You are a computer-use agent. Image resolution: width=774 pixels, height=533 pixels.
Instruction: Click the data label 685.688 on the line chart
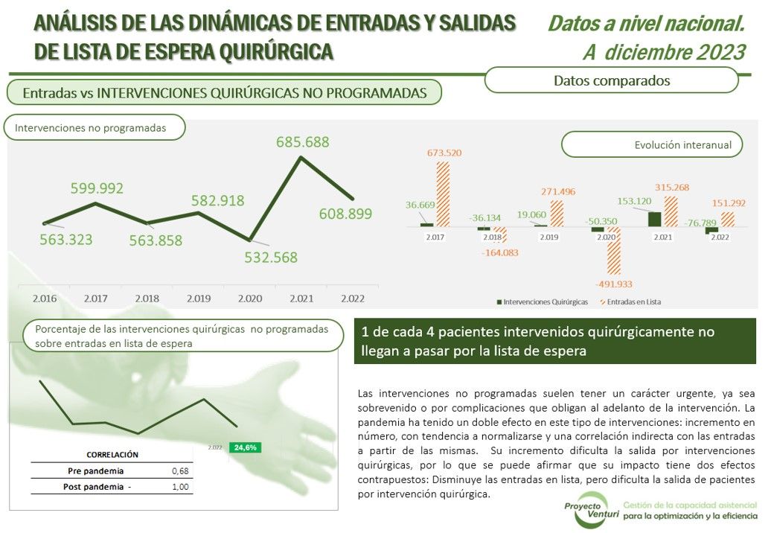302,141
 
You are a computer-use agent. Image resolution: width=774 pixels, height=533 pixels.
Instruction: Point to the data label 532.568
271,258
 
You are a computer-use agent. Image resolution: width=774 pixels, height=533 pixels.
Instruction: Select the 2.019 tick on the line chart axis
199,299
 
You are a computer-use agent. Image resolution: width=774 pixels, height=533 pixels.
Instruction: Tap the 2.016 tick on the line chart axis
45,299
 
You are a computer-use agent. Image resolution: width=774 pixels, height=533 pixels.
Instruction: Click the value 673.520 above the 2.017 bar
444,153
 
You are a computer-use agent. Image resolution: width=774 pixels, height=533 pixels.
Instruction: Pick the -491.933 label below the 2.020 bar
615,284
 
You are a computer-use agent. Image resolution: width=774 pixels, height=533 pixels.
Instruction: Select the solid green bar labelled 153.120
653,219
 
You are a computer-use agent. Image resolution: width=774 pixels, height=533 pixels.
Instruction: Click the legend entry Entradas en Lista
633,302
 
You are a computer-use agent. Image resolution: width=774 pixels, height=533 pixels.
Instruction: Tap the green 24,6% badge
245,447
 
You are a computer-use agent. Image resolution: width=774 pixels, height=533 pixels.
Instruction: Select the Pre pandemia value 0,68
180,471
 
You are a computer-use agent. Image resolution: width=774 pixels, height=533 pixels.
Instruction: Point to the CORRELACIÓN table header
112,454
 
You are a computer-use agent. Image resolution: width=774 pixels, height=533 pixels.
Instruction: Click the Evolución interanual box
652,145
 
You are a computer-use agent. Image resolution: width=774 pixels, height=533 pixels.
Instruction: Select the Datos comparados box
612,80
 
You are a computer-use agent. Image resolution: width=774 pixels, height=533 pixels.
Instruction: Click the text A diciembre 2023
663,52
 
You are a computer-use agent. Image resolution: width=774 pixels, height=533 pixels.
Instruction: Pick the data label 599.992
97,188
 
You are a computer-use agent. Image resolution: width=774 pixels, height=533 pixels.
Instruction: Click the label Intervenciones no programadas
91,128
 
